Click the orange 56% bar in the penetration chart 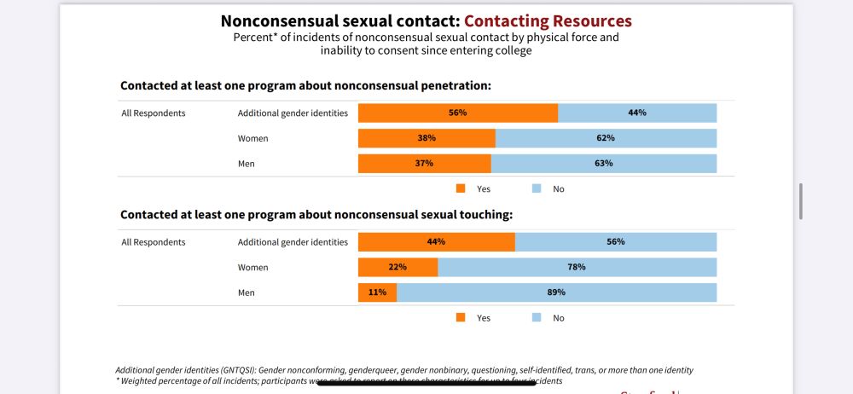(x=458, y=113)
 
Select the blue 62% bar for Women (x=606, y=138)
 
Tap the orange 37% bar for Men (x=424, y=164)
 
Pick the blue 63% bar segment (x=603, y=164)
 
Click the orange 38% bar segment (x=426, y=138)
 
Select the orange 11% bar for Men (x=377, y=293)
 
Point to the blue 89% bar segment (x=556, y=293)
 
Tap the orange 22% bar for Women (x=397, y=267)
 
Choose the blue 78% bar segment (x=577, y=267)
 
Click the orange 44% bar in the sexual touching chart (x=436, y=241)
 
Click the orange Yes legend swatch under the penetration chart (x=461, y=188)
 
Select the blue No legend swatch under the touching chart (x=537, y=317)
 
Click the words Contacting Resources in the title (x=548, y=20)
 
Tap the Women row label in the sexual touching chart (x=252, y=268)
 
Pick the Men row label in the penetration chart (x=246, y=164)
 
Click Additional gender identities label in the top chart (x=293, y=113)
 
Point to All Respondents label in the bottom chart (x=154, y=242)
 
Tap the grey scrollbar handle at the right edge (x=800, y=201)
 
